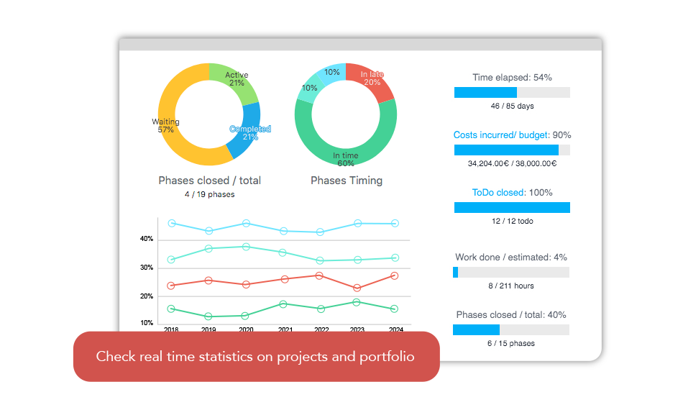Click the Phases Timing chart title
click(346, 181)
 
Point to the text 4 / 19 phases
click(209, 194)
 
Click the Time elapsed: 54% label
click(512, 77)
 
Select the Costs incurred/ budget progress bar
click(512, 150)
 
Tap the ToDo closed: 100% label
click(512, 192)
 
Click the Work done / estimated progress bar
click(511, 272)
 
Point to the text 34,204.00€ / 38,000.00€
click(512, 163)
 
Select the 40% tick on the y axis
click(147, 239)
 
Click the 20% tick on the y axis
click(147, 296)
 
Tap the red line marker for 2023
click(357, 288)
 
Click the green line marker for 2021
click(283, 304)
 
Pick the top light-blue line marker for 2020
click(246, 223)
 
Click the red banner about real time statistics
click(255, 356)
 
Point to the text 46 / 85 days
click(512, 106)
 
